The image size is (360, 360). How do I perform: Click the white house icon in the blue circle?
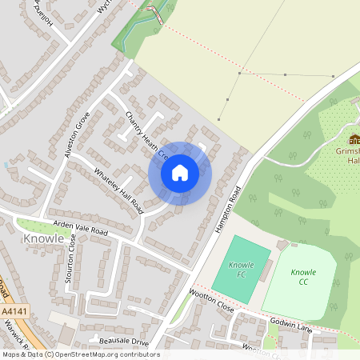pyautogui.click(x=180, y=173)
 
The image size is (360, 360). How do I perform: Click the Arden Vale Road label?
pyautogui.click(x=79, y=230)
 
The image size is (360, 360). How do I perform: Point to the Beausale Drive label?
pyautogui.click(x=124, y=342)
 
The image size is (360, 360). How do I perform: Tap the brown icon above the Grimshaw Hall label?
pyautogui.click(x=354, y=139)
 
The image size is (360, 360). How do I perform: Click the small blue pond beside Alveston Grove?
pyautogui.click(x=6, y=164)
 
